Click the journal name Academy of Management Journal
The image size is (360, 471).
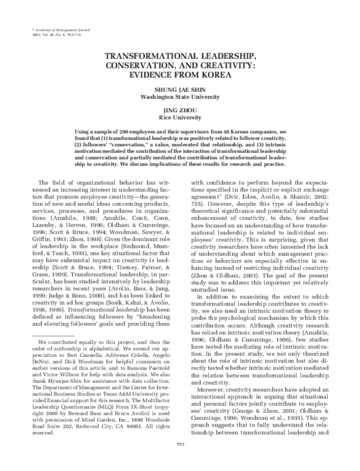point(47,29)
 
